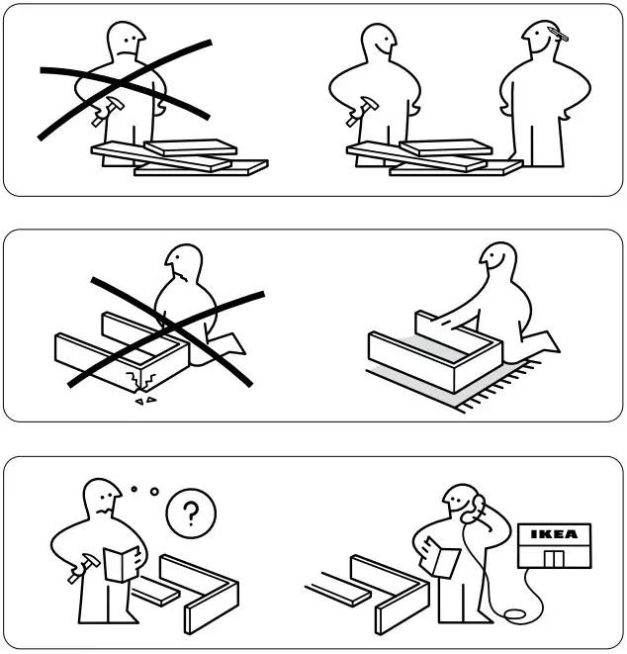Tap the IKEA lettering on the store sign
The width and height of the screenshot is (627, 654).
pos(554,534)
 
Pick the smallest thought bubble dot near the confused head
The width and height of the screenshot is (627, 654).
pos(134,488)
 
